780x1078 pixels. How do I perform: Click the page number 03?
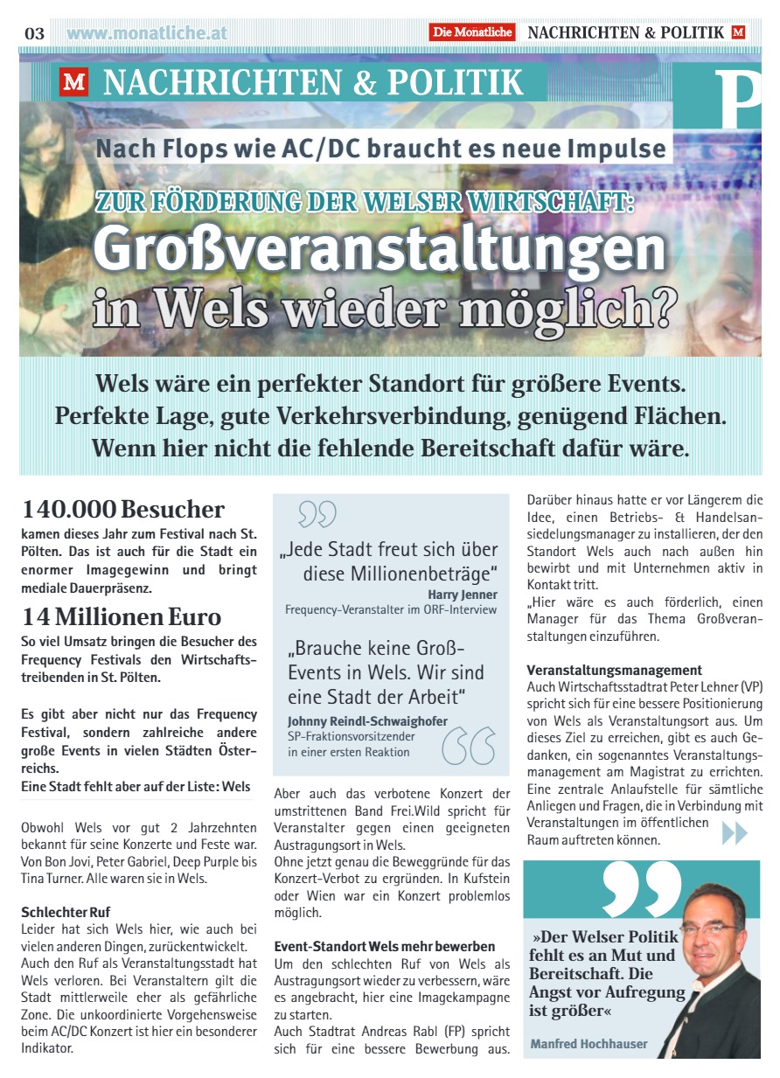pyautogui.click(x=34, y=33)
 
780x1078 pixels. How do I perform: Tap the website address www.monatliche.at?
pyautogui.click(x=147, y=33)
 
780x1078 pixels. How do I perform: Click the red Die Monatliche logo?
pyautogui.click(x=471, y=32)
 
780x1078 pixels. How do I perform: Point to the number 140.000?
pyautogui.click(x=69, y=509)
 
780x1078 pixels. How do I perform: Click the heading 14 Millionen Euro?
pyautogui.click(x=122, y=616)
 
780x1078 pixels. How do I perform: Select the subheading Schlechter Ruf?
pyautogui.click(x=66, y=912)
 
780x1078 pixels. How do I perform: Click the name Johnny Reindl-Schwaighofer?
pyautogui.click(x=367, y=720)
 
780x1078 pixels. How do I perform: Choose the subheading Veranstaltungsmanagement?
pyautogui.click(x=614, y=671)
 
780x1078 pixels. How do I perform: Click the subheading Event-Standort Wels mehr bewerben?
pyautogui.click(x=385, y=946)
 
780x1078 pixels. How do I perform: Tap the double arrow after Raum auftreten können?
pyautogui.click(x=735, y=834)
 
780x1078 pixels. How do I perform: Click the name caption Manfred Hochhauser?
pyautogui.click(x=589, y=1043)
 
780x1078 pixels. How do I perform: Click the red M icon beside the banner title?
pyautogui.click(x=74, y=84)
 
